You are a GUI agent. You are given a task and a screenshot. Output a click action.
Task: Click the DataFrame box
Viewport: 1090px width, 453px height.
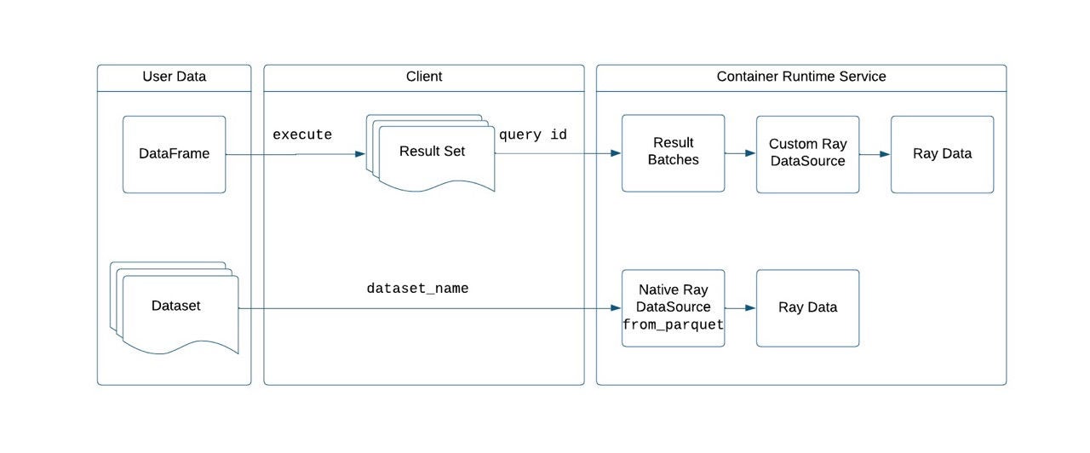174,154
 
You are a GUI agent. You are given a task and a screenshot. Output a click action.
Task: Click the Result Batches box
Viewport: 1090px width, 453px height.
673,153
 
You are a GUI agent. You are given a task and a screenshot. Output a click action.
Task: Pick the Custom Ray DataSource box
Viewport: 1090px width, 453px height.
807,153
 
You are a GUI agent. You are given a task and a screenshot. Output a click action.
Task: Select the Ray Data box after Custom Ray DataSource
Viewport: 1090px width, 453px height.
942,153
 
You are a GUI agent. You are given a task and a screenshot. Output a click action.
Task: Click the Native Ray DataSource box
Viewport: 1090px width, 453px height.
673,307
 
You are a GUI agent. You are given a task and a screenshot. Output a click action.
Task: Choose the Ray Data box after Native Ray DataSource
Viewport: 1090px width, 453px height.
807,307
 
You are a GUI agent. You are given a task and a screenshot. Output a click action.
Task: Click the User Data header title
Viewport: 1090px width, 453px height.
174,77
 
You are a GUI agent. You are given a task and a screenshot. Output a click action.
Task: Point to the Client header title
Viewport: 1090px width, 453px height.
424,77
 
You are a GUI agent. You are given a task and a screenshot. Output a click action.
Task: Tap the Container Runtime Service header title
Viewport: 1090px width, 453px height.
800,77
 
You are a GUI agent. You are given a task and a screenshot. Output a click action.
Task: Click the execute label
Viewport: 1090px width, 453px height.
302,135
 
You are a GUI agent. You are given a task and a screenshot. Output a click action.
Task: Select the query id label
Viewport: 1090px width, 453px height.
533,135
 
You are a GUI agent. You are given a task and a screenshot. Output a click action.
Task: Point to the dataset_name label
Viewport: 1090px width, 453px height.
417,289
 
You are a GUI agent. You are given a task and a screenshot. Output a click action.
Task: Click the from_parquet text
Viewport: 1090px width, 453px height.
673,324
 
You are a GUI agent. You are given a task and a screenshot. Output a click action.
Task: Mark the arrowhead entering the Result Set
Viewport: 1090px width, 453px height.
359,154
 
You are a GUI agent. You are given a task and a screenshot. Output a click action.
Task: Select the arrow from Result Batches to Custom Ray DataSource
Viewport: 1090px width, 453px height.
740,154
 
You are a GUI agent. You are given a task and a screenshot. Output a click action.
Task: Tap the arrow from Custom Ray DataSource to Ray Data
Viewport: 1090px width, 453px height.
875,154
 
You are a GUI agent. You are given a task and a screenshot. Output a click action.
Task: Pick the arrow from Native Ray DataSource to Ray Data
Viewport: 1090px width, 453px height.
740,308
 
